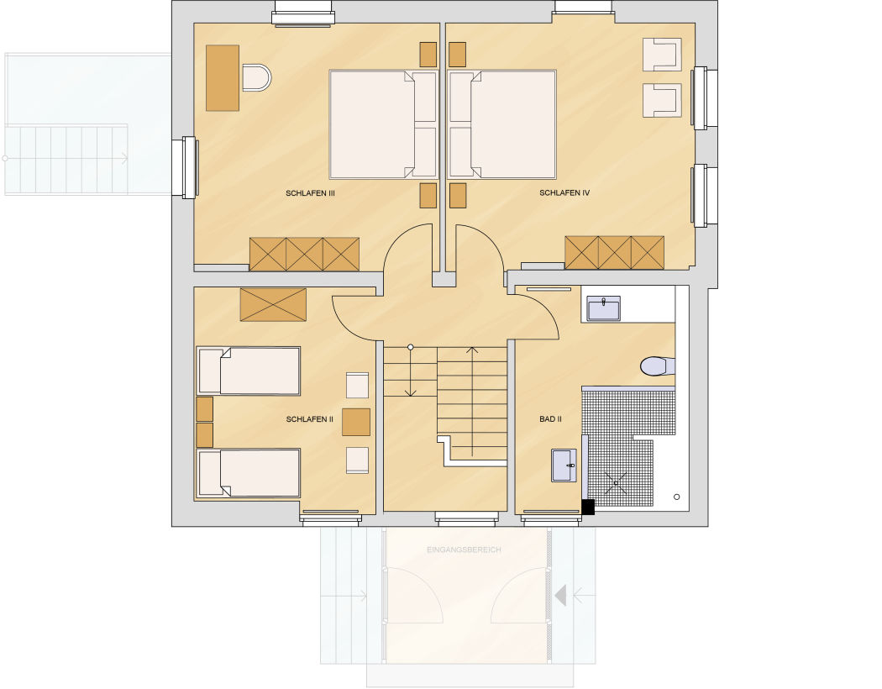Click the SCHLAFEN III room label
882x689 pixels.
tap(310, 193)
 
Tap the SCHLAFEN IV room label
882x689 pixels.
tap(564, 192)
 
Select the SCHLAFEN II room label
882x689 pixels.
tap(309, 419)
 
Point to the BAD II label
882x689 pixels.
tap(550, 419)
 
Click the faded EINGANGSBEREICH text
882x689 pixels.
tap(464, 550)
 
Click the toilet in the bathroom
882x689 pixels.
tap(657, 366)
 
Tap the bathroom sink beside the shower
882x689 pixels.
tap(564, 465)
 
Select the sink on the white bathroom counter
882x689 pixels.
tap(604, 308)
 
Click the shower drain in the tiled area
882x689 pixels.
tap(617, 483)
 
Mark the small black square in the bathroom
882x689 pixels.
tap(588, 507)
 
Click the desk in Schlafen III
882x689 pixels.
tap(223, 77)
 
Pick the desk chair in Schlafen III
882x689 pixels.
tap(256, 77)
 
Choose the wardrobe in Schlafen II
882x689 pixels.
tap(273, 304)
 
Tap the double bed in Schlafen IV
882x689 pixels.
tap(502, 124)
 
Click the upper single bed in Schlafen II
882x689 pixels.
tap(248, 371)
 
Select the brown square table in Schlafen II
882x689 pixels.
tap(356, 423)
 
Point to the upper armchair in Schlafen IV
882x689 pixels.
tap(662, 55)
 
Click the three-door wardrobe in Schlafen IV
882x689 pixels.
tap(614, 253)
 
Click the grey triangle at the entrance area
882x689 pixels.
tap(561, 595)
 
